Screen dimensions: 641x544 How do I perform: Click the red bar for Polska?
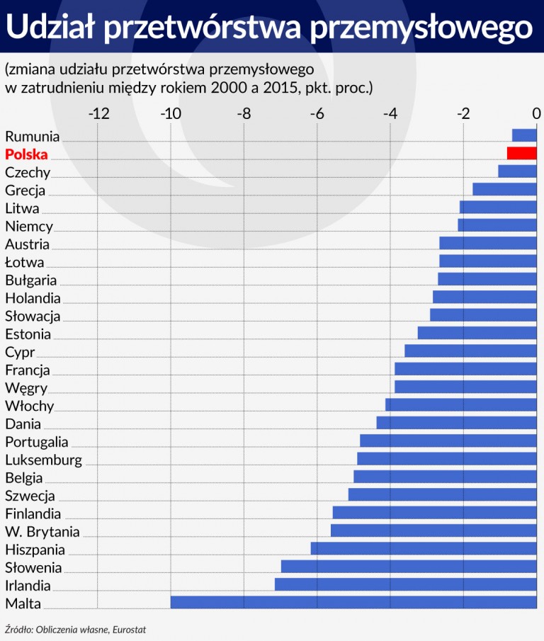[522, 153]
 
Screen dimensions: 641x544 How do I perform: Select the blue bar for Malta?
[353, 603]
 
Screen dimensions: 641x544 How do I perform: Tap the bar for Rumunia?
[524, 135]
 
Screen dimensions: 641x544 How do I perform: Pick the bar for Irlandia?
[406, 584]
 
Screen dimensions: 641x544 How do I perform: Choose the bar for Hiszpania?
[424, 548]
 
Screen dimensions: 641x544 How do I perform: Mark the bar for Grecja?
[504, 189]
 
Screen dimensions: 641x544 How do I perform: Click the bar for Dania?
[456, 423]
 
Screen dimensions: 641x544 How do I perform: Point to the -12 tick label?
[98, 113]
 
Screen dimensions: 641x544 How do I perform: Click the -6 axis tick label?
[317, 113]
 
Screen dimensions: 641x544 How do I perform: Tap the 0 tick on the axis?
[536, 113]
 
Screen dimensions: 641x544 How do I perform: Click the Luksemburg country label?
[43, 460]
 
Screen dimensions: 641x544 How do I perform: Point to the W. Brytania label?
[42, 532]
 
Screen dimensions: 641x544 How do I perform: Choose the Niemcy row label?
[29, 227]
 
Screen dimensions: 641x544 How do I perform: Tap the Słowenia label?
[33, 567]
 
